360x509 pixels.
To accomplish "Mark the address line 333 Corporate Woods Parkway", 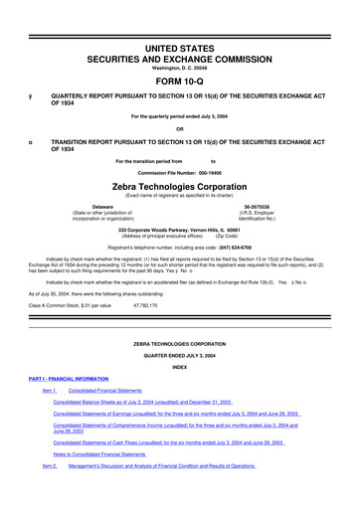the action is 180,226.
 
